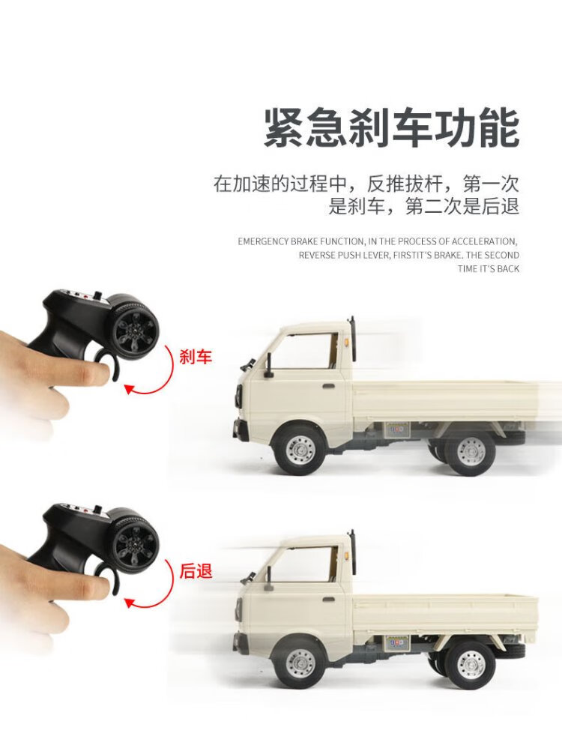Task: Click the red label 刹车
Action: pos(196,356)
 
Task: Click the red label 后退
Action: pos(196,570)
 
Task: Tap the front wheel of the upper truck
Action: pos(300,448)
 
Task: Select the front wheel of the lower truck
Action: pos(300,663)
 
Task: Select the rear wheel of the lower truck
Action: pos(471,664)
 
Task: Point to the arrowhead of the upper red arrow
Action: pos(129,389)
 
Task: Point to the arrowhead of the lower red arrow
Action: pos(129,603)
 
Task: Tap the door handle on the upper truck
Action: pos(328,384)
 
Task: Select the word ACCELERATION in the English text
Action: pos(483,241)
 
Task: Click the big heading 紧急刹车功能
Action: pos(391,128)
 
